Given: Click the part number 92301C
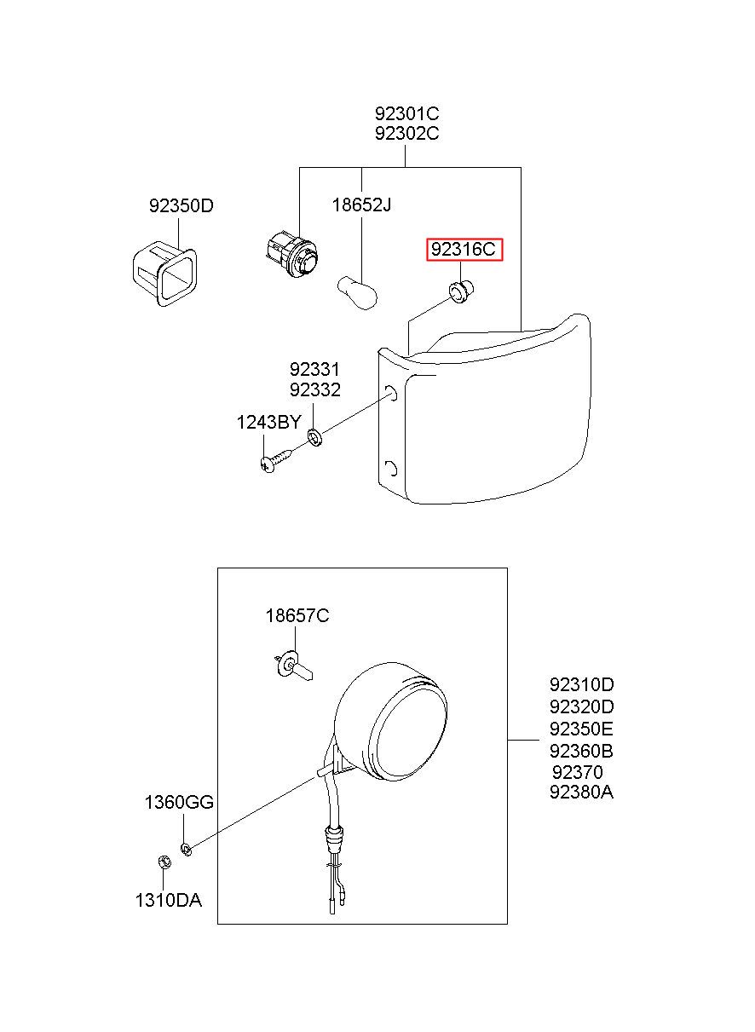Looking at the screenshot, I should click(406, 114).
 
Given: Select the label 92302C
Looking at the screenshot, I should click(406, 134).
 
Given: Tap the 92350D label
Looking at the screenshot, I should click(181, 206).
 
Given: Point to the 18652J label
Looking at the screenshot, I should click(361, 205).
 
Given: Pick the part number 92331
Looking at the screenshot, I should click(314, 370).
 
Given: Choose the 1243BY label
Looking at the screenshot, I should click(268, 422).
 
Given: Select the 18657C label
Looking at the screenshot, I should click(297, 615).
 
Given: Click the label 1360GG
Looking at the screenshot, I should click(179, 802).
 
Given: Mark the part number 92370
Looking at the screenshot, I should click(577, 772).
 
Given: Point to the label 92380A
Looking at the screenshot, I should click(582, 793).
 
